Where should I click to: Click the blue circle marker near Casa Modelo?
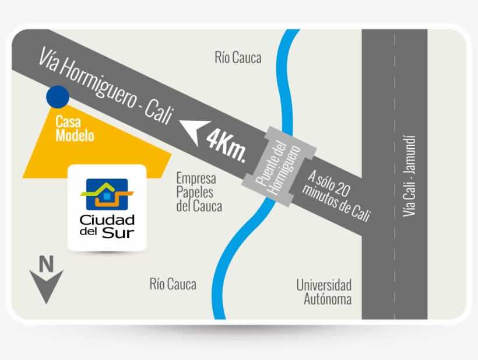(58, 97)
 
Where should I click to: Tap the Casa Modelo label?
(75, 129)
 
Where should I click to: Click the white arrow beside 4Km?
(194, 131)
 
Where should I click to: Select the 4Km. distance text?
(226, 145)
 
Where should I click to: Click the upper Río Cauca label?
(238, 58)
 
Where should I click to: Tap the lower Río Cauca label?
(173, 284)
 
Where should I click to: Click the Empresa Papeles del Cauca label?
(199, 192)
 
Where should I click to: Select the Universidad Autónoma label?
(324, 292)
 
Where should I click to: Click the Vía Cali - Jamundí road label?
(409, 176)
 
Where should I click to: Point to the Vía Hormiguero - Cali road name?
(106, 85)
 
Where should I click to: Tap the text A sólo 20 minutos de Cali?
(337, 195)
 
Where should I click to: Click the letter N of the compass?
(46, 264)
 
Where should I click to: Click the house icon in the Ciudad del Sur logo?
(107, 194)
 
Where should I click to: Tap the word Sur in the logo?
(118, 233)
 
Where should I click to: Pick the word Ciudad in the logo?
(107, 219)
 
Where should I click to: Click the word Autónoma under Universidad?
(328, 299)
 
